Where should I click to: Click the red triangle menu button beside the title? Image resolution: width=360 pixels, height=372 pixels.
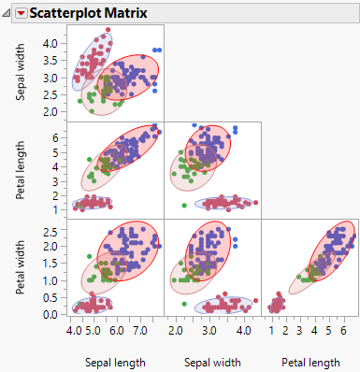tap(22, 12)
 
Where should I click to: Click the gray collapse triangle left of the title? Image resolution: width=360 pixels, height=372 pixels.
tap(7, 12)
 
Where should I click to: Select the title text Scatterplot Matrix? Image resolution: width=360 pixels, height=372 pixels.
tap(83, 12)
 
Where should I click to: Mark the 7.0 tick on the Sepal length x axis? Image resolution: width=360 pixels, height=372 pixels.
tap(138, 331)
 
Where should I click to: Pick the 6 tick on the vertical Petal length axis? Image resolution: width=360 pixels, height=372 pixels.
tap(56, 136)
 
